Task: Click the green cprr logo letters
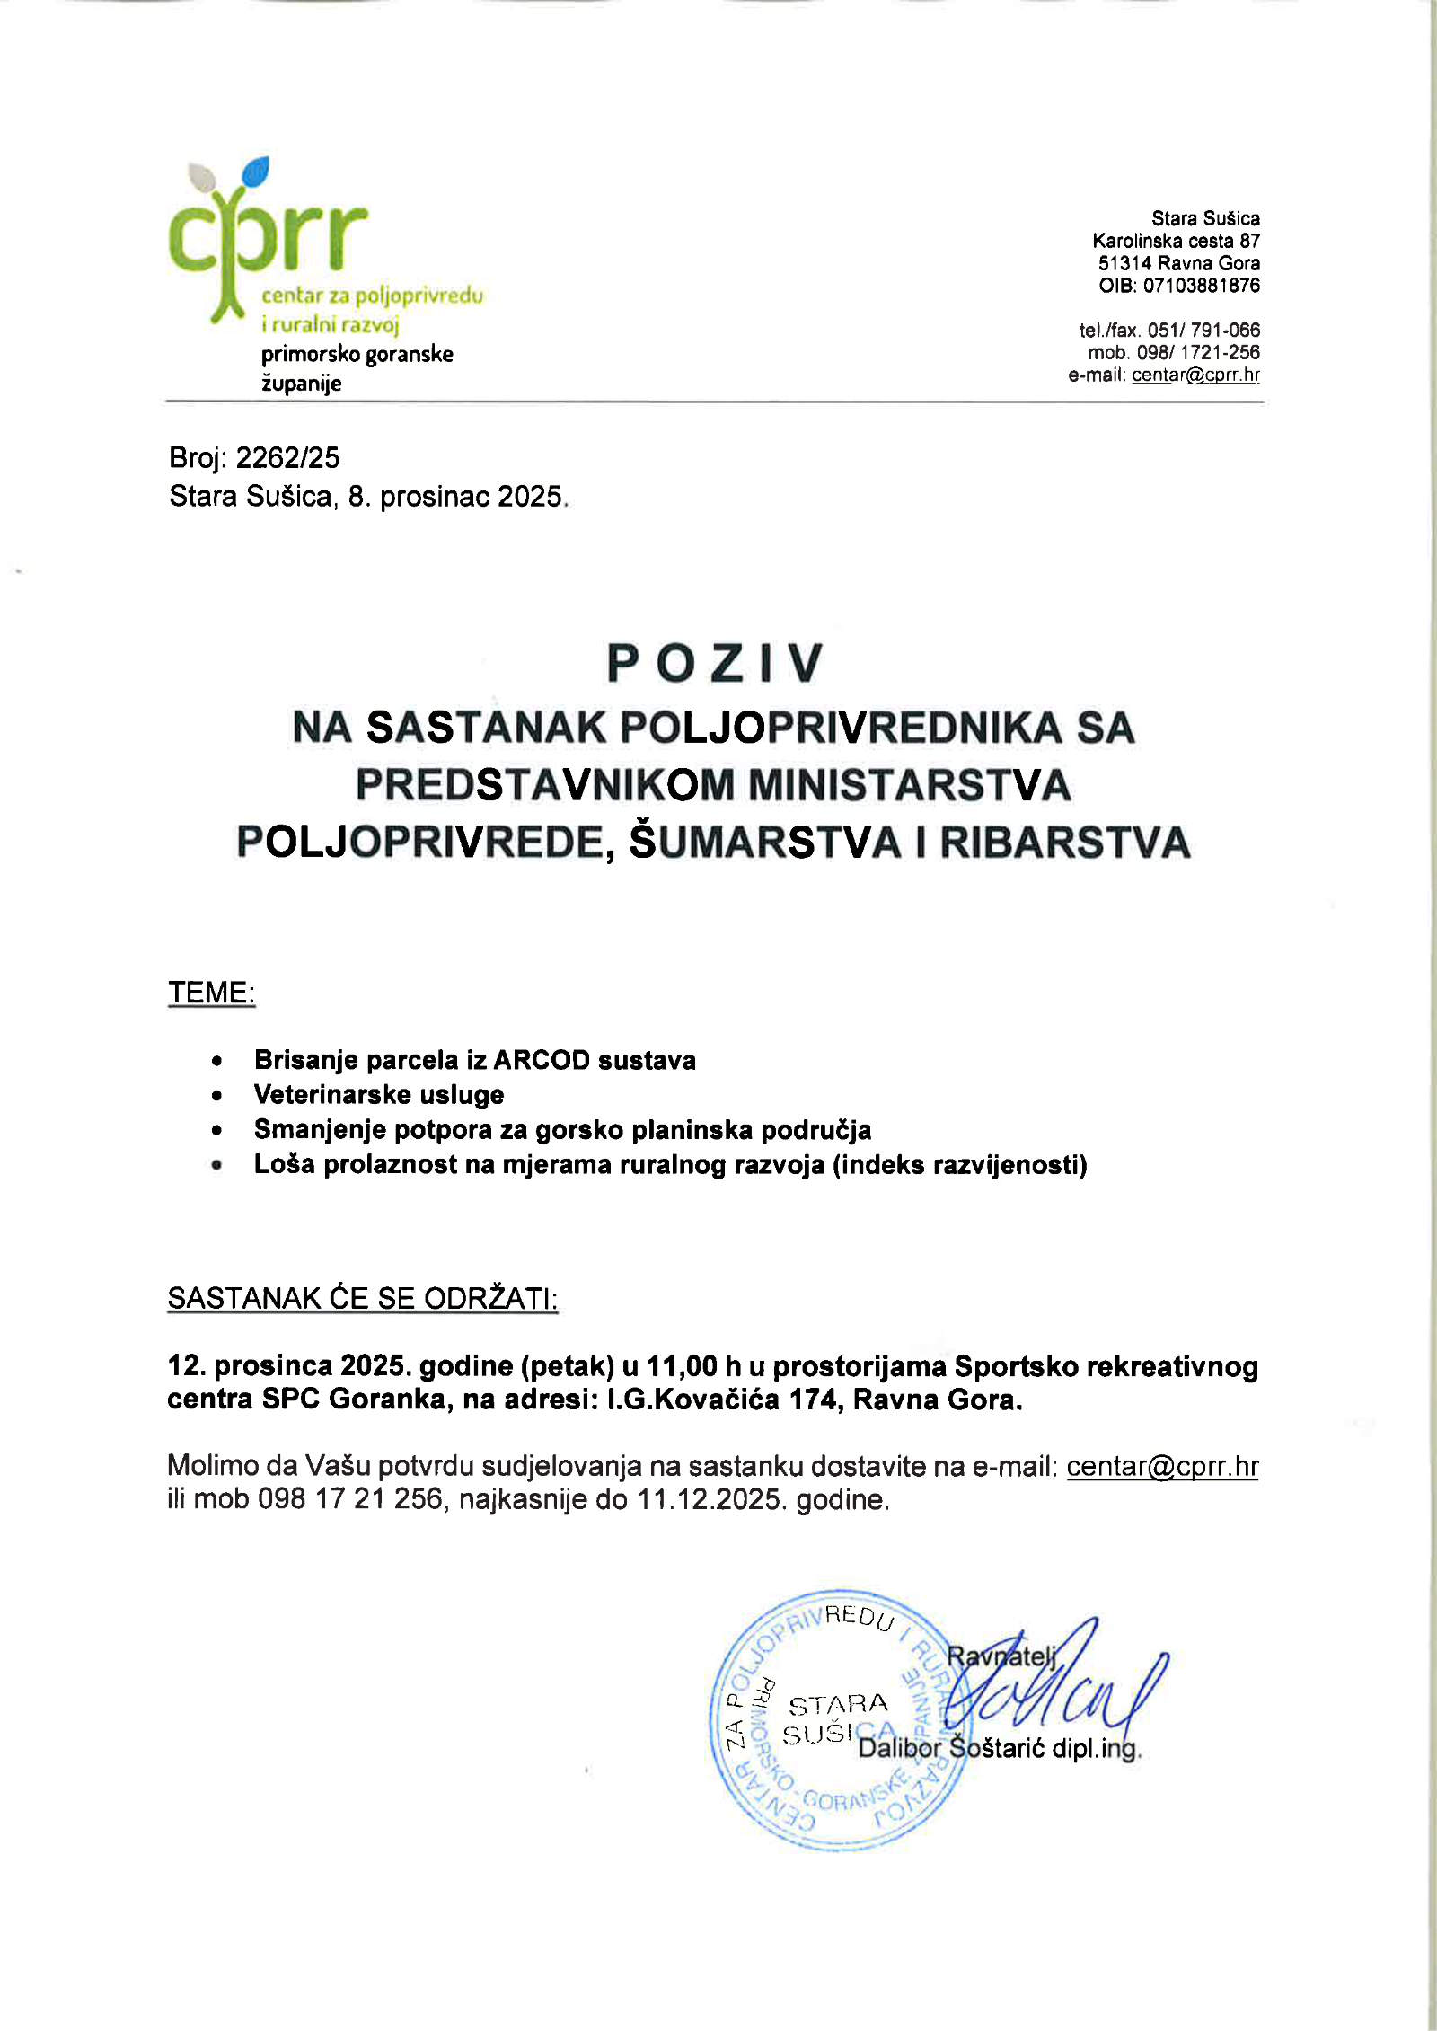click(x=268, y=238)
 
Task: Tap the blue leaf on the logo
click(x=257, y=170)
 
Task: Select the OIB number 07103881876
click(x=1201, y=286)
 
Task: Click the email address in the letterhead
click(x=1195, y=375)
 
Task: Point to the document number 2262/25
click(x=287, y=458)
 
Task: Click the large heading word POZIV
click(x=715, y=664)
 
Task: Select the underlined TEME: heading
click(x=212, y=993)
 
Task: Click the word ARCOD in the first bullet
click(x=541, y=1060)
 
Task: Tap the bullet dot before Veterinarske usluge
click(x=216, y=1096)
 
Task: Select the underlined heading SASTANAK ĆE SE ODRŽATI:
click(x=363, y=1298)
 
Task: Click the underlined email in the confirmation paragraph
click(x=1162, y=1467)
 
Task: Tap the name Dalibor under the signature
click(x=899, y=1748)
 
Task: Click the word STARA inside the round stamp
click(x=837, y=1704)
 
